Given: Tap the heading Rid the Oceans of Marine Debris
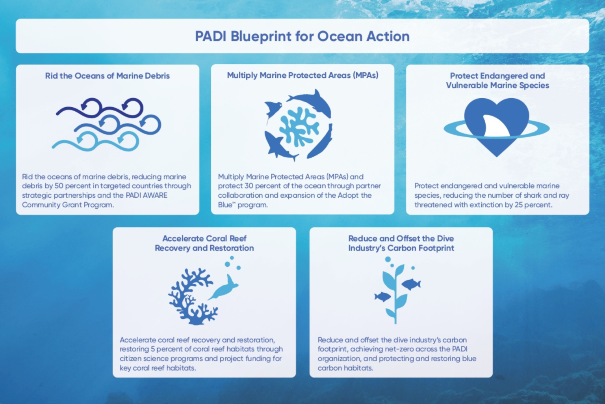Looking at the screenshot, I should (107, 76).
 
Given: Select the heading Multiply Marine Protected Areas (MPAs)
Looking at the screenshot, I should (302, 75).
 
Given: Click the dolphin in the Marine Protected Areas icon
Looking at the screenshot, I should (311, 100).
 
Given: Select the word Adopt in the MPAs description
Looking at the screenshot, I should (348, 195).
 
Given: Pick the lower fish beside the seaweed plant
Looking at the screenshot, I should (382, 296).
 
